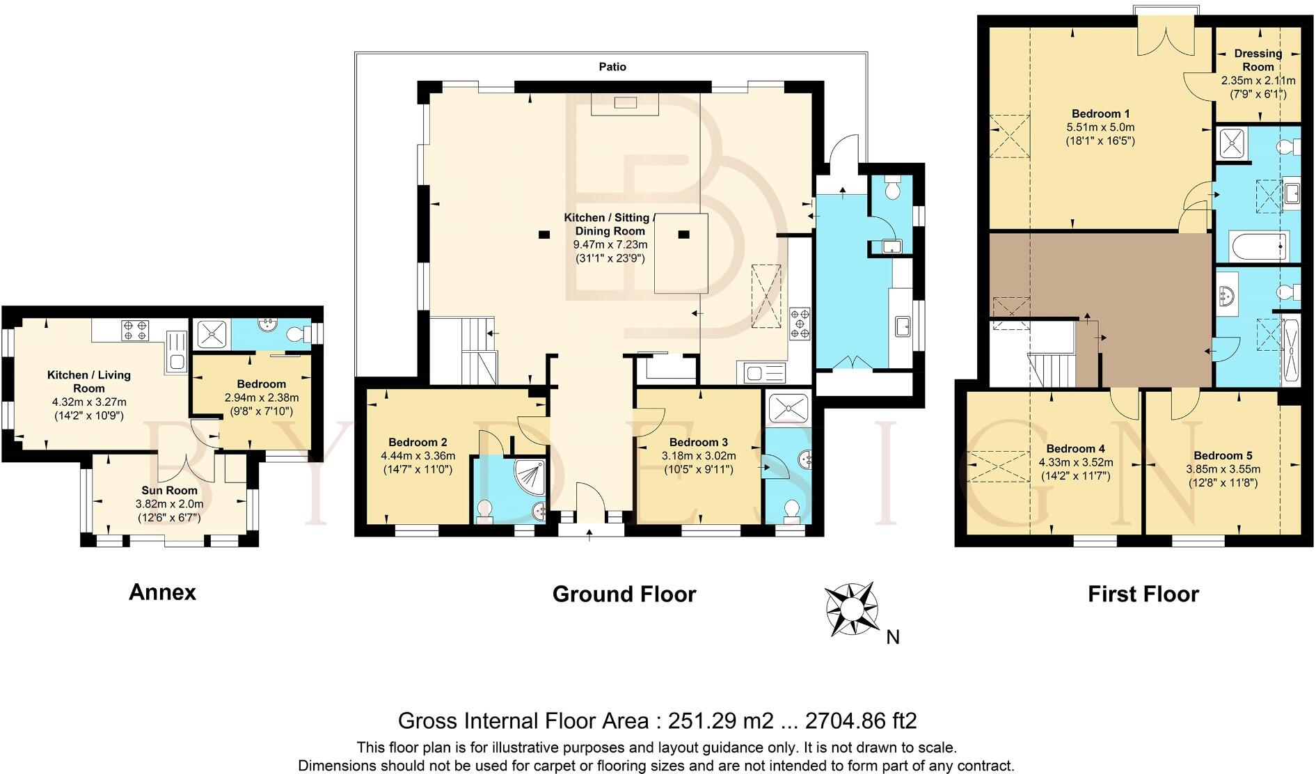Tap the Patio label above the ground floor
tap(612, 67)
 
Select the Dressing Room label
tap(1258, 60)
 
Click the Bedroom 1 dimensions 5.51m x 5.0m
tap(1100, 127)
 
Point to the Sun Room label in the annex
tap(169, 490)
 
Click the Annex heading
tap(162, 592)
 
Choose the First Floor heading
tap(1143, 594)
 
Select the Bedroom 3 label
tap(698, 442)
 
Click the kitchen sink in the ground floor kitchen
tap(764, 373)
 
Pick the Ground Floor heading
tap(624, 594)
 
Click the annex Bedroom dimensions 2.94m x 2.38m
tap(261, 397)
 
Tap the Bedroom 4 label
tap(1075, 448)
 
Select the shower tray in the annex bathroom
tap(209, 335)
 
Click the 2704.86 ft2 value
tap(861, 720)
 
